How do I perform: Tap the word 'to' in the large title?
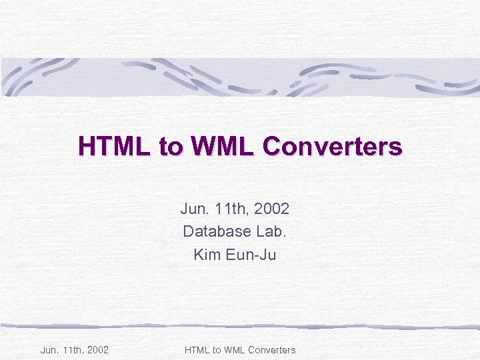169,147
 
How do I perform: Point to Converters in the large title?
332,146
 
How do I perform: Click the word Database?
213,231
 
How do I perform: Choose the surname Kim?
205,254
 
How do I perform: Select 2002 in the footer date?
97,349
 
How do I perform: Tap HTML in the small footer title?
196,349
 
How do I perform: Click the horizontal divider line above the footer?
240,326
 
